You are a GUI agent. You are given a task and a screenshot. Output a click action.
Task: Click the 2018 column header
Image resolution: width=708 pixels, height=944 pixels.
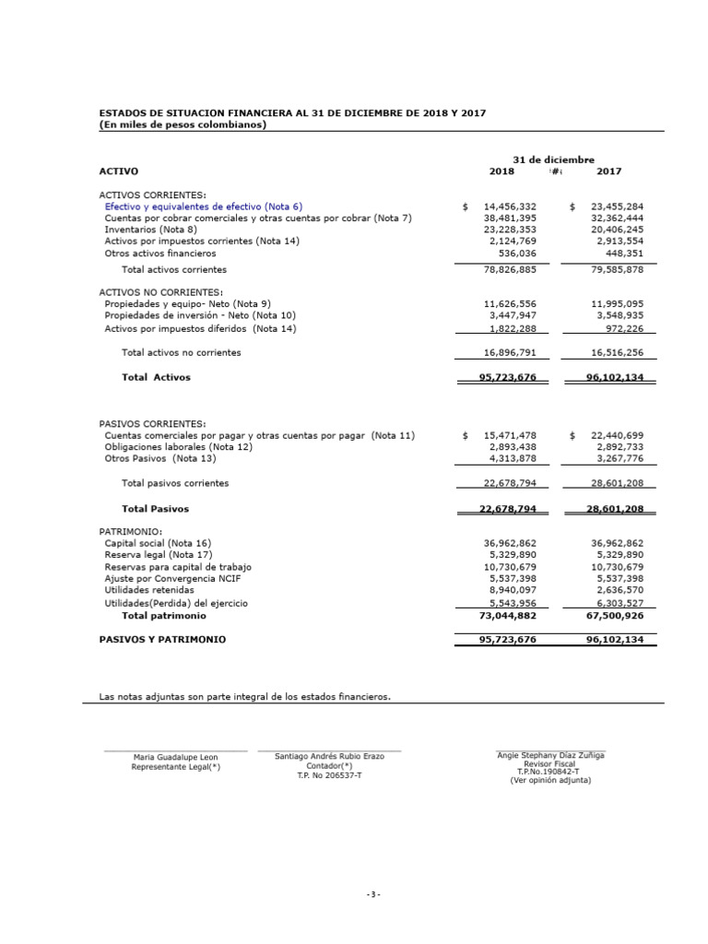[501, 171]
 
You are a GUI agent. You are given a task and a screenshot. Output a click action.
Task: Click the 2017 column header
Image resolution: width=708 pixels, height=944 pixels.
[608, 171]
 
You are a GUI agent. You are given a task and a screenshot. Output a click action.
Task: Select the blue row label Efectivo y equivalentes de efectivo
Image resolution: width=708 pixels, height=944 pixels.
[203, 207]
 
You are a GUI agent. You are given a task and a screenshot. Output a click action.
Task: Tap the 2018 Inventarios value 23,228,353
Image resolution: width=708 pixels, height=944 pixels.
[503, 230]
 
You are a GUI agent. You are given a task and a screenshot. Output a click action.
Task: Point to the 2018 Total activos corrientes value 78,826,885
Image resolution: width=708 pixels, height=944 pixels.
[503, 270]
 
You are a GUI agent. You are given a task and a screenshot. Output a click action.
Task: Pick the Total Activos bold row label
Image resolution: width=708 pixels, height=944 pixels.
[157, 377]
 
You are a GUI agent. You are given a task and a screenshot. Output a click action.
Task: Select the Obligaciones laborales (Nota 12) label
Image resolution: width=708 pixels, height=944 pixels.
[178, 446]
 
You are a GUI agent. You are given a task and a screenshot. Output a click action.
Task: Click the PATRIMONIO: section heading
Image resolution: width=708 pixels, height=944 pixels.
[130, 532]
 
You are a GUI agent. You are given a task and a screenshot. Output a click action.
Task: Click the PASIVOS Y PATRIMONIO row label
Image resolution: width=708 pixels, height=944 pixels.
[162, 639]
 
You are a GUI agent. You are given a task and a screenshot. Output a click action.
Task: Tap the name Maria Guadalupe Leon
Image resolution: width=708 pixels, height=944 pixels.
[175, 757]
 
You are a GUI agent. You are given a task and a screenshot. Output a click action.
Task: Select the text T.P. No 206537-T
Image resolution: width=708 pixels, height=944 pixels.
[329, 776]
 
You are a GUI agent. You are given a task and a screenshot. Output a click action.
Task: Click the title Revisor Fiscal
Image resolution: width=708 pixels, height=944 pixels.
[549, 764]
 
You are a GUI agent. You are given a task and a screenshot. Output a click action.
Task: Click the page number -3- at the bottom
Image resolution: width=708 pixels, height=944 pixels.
[372, 895]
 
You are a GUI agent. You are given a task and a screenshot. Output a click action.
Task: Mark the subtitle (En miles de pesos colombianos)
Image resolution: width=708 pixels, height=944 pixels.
[183, 124]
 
